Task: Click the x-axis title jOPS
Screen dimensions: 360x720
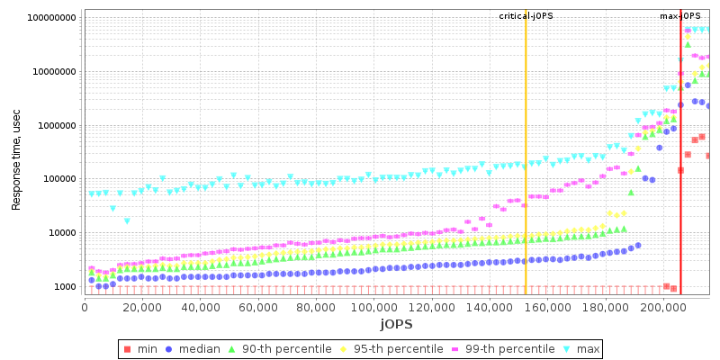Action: [x=396, y=324]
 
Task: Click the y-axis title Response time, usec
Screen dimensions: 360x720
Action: [x=16, y=155]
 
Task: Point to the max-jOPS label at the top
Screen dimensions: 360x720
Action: [x=680, y=16]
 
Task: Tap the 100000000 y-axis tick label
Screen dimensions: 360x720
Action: [x=52, y=18]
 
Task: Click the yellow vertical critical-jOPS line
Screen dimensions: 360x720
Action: [x=526, y=162]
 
